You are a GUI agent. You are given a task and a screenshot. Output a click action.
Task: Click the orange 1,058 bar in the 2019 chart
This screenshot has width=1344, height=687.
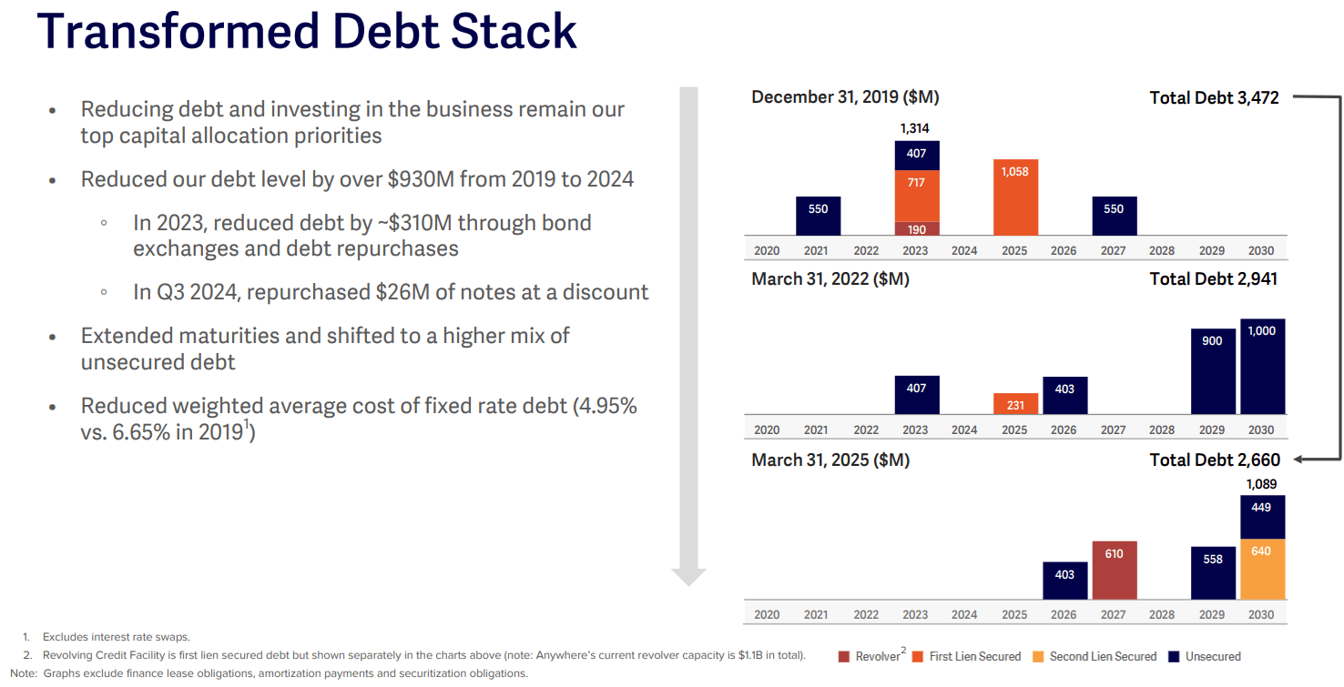(x=1015, y=197)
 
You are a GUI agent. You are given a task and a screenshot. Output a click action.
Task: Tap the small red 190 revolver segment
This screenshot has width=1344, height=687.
(x=916, y=228)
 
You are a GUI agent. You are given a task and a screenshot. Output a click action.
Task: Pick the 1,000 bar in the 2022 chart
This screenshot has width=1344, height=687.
(x=1262, y=367)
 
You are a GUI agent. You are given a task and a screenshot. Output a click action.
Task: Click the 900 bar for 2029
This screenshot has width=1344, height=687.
(x=1213, y=371)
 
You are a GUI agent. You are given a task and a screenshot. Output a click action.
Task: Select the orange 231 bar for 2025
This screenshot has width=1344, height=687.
(x=1015, y=404)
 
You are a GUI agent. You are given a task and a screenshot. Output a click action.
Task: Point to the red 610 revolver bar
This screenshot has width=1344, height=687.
(x=1114, y=571)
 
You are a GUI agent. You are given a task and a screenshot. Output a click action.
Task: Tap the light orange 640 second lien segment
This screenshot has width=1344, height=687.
(x=1262, y=569)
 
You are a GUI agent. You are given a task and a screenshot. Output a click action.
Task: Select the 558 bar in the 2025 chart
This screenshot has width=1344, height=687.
(x=1213, y=572)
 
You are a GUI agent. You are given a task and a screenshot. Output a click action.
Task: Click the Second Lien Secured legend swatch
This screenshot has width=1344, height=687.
(x=1040, y=656)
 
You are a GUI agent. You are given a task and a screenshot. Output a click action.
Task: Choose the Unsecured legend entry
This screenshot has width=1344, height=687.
(x=1212, y=656)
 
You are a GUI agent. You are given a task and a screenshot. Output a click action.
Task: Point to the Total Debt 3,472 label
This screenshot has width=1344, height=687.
(x=1214, y=97)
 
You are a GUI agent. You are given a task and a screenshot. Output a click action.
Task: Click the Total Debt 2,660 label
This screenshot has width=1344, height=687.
(x=1214, y=460)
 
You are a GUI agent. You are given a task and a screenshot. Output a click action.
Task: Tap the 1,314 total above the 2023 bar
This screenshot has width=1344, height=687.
(x=915, y=128)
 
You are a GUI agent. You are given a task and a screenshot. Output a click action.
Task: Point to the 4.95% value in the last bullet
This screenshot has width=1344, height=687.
(x=605, y=406)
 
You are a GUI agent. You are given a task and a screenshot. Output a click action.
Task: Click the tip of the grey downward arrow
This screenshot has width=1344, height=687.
(x=688, y=583)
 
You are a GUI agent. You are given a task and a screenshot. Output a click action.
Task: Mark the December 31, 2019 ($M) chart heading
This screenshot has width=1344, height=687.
(x=844, y=97)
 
